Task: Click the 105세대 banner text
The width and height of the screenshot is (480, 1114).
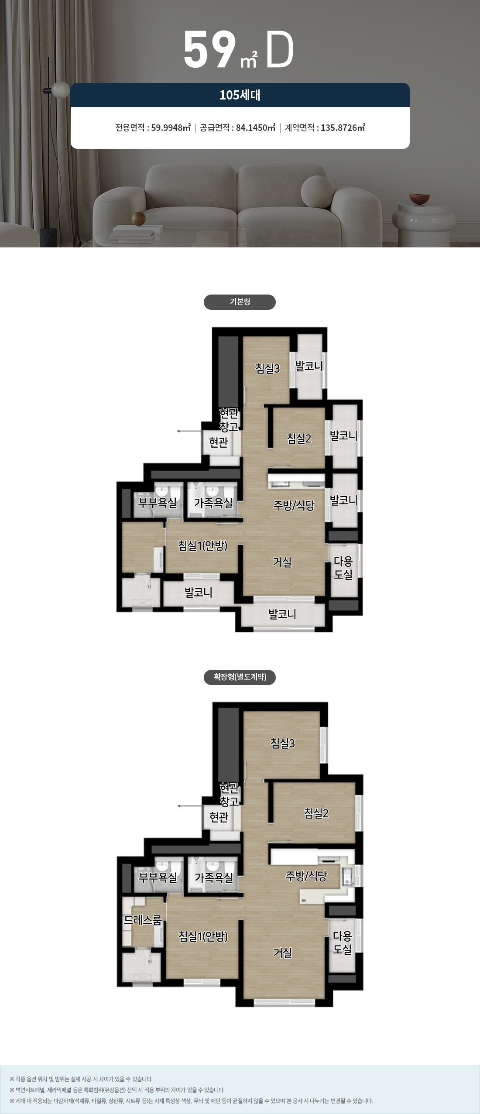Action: [240, 95]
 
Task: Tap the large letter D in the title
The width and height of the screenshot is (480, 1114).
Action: [279, 50]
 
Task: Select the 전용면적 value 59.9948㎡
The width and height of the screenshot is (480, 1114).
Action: [171, 128]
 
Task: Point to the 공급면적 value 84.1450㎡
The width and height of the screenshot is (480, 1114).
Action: [256, 128]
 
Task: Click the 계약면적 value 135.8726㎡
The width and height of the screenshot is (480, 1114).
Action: [343, 128]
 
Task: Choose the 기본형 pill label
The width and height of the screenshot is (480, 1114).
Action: [240, 302]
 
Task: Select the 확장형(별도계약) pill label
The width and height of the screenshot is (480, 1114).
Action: [240, 677]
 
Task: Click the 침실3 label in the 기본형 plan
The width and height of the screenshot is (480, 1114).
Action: [267, 368]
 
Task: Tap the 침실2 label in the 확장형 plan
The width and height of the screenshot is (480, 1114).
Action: [316, 813]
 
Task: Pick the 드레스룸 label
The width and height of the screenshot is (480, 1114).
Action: [143, 920]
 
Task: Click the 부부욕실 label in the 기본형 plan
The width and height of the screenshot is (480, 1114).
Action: [158, 503]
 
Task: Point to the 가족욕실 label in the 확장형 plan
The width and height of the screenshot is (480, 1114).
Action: [214, 877]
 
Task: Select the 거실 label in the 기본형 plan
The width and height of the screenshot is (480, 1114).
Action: [282, 562]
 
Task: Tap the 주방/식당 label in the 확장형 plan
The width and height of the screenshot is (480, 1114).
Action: [306, 876]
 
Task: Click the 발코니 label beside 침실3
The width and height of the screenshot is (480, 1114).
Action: [309, 366]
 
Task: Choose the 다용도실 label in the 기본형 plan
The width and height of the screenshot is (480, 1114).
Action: [343, 568]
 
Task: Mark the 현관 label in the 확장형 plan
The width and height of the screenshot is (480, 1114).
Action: [219, 817]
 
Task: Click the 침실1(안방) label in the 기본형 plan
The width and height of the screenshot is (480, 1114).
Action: [202, 545]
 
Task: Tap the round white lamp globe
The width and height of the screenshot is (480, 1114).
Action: [61, 90]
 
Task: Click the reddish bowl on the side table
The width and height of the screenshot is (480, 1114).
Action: [419, 199]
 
